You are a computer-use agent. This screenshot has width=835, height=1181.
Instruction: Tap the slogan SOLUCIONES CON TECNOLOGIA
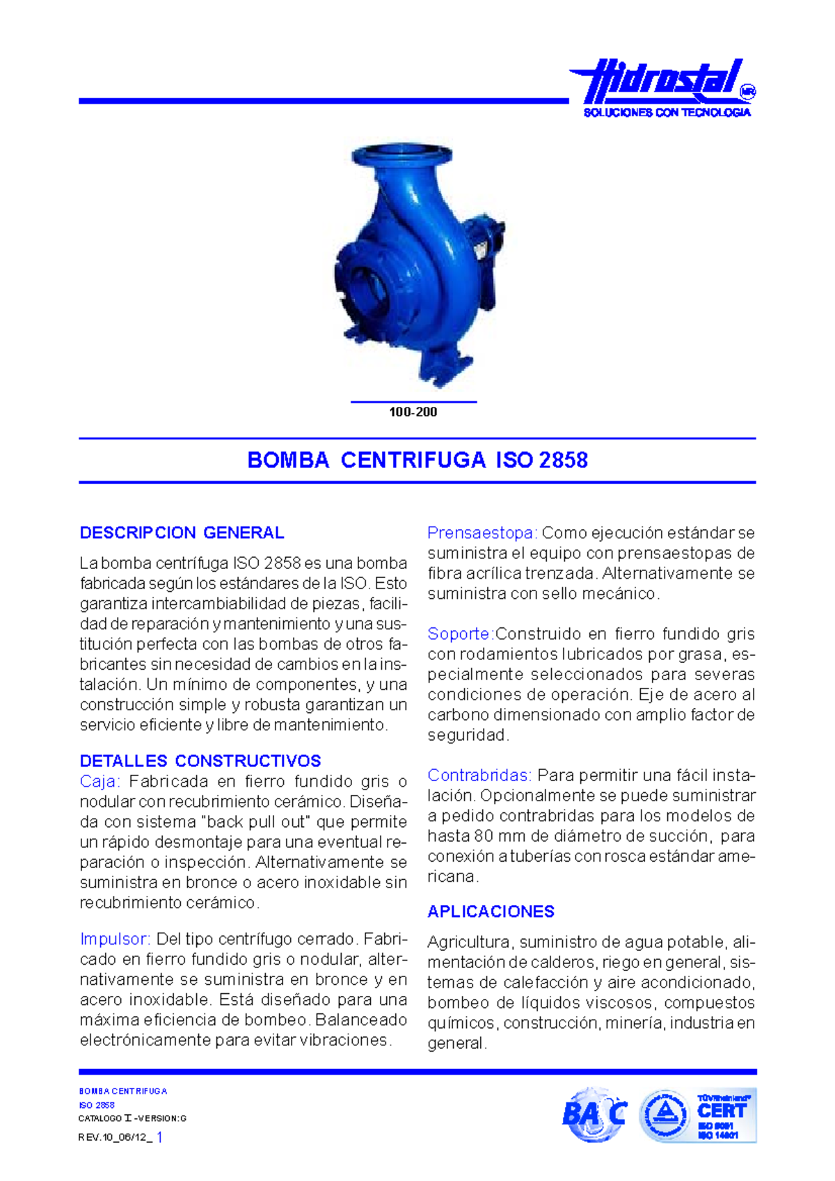667,113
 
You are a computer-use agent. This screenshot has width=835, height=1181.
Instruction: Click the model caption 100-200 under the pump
413,412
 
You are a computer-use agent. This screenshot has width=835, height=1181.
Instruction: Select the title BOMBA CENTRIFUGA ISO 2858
417,460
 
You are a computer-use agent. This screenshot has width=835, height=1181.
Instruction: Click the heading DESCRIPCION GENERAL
182,533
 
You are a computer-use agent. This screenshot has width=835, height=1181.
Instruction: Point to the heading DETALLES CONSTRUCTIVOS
200,761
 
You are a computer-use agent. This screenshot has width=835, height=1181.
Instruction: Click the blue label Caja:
100,781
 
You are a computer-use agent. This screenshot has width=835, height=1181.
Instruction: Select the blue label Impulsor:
115,939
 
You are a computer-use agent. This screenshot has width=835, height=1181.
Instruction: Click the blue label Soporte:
460,634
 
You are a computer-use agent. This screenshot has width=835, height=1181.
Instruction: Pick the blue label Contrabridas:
479,775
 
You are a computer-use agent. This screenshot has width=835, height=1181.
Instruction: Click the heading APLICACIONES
491,911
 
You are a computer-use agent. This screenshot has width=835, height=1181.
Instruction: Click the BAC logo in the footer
594,1115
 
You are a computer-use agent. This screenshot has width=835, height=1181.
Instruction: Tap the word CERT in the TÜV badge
722,1110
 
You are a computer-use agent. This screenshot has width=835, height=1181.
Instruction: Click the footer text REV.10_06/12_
115,1137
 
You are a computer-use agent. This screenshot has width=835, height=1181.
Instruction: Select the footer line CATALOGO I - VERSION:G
132,1118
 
